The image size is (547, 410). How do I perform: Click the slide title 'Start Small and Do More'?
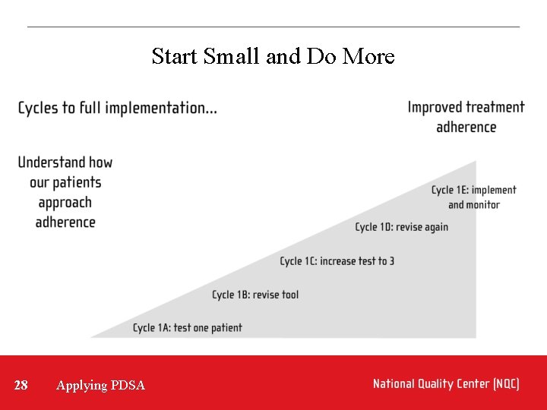pos(273,56)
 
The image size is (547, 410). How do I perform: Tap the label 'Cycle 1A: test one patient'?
pos(187,328)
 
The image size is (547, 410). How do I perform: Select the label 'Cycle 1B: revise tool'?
pos(255,295)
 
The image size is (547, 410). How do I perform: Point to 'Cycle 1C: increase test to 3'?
pos(337,261)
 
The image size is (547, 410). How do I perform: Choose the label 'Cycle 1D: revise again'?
pos(401,227)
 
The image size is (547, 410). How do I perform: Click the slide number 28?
pos(21,385)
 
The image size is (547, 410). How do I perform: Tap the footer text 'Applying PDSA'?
pos(100,386)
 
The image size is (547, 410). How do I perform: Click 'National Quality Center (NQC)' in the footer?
pos(446,384)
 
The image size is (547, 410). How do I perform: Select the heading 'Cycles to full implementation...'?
pos(117,108)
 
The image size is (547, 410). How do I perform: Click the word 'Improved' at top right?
pos(435,107)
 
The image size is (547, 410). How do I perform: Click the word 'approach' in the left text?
pos(65,203)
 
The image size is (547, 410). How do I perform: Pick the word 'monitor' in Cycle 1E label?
pos(483,205)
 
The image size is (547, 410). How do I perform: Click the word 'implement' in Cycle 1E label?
pos(493,190)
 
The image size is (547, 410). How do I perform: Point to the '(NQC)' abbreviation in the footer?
pos(506,384)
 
